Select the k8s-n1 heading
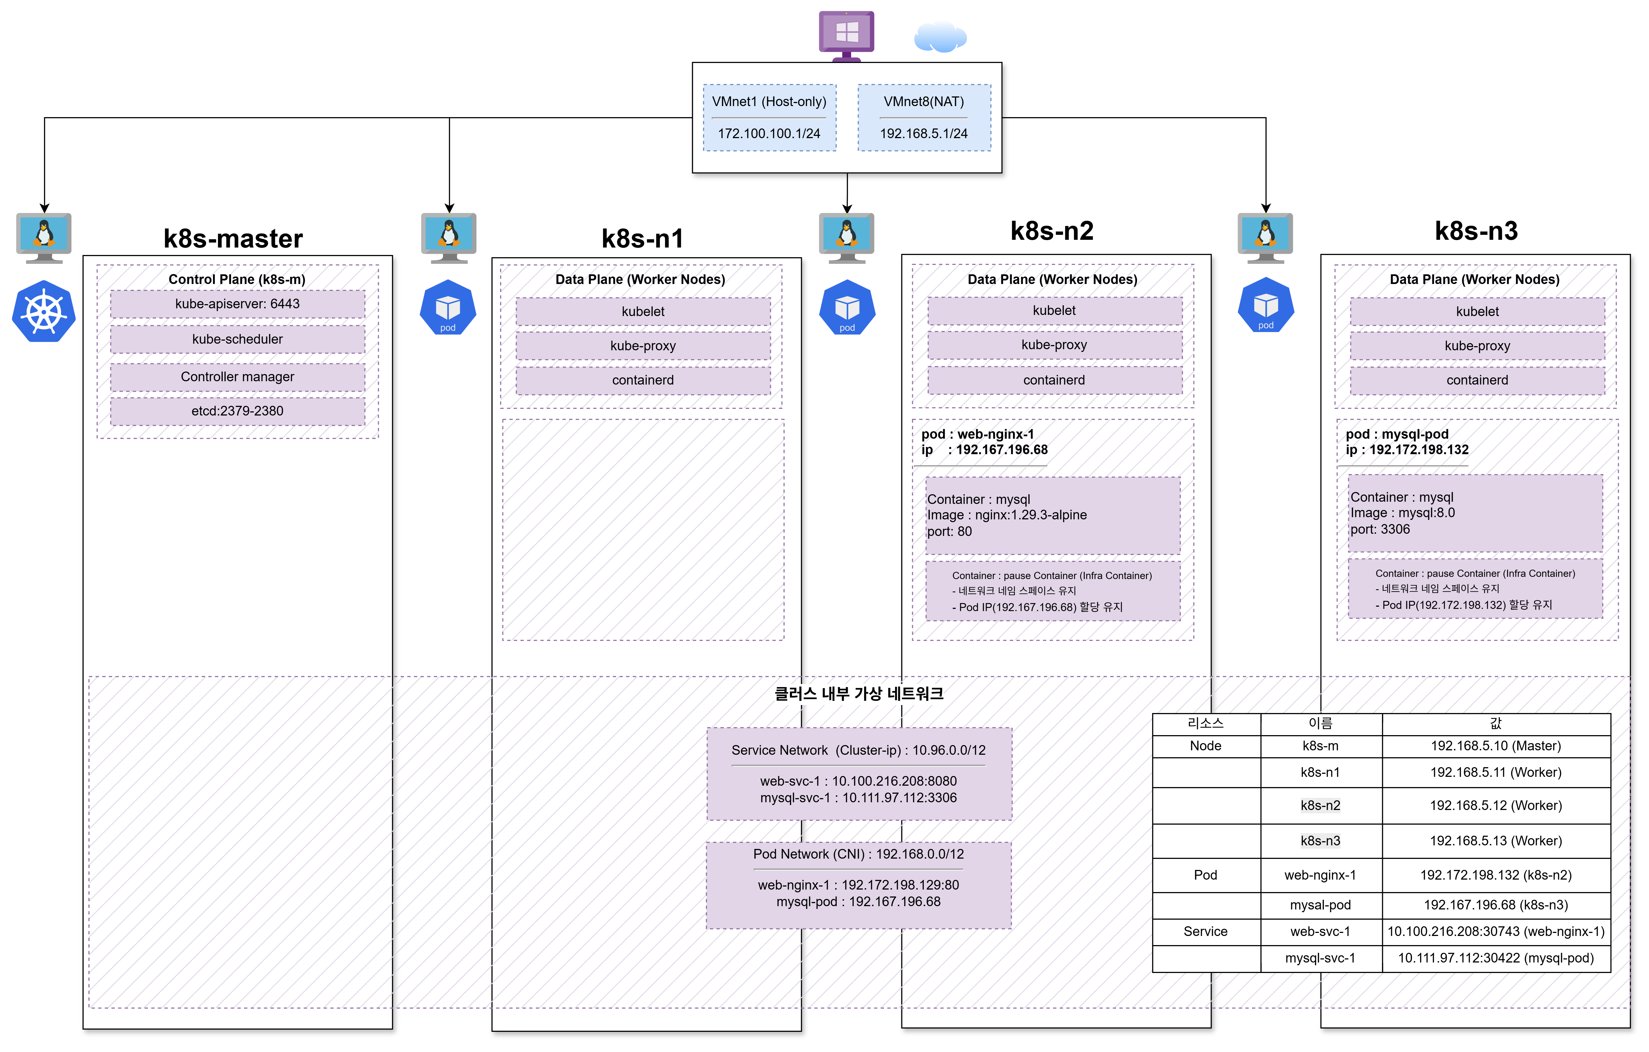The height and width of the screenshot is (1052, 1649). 642,238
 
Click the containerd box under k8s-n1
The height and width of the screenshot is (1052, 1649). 643,380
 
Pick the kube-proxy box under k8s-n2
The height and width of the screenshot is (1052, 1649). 1055,344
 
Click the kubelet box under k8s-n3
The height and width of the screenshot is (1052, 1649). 1477,312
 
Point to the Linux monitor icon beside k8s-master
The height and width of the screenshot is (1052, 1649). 44,238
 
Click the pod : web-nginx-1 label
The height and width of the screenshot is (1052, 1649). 978,434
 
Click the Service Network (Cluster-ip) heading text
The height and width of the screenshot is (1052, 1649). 859,750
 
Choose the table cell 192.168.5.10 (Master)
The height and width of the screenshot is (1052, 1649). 1496,746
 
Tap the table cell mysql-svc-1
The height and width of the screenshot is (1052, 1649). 1320,958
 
